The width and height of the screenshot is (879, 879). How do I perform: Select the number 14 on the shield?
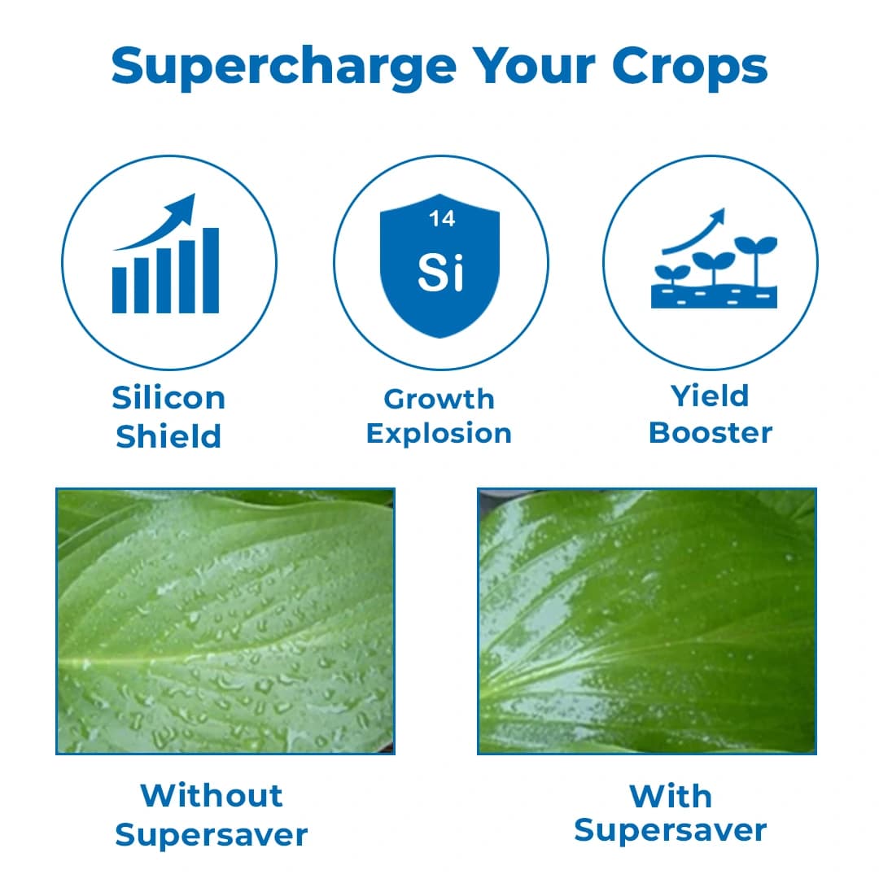pos(442,219)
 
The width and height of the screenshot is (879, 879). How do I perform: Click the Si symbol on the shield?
pos(440,273)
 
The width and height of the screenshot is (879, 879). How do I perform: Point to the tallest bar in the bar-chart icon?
pos(211,270)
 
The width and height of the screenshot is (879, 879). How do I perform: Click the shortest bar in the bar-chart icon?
pos(120,291)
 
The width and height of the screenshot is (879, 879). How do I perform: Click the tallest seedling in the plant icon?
pos(756,260)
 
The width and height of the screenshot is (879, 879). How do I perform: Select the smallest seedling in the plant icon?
pos(672,275)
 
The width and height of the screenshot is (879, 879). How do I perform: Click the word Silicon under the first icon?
pos(168,398)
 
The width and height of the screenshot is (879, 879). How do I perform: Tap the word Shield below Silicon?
pos(168,437)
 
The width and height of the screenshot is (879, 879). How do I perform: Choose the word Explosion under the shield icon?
pos(439,433)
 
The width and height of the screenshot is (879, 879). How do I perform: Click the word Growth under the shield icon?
pos(439,399)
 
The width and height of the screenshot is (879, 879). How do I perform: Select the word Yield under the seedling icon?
pos(710,396)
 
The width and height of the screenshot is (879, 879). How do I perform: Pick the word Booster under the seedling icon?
pos(710,432)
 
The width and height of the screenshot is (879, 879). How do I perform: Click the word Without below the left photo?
pos(212,795)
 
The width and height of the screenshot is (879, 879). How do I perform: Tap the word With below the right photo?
pos(671,796)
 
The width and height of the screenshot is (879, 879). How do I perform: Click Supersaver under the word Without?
pos(212,834)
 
